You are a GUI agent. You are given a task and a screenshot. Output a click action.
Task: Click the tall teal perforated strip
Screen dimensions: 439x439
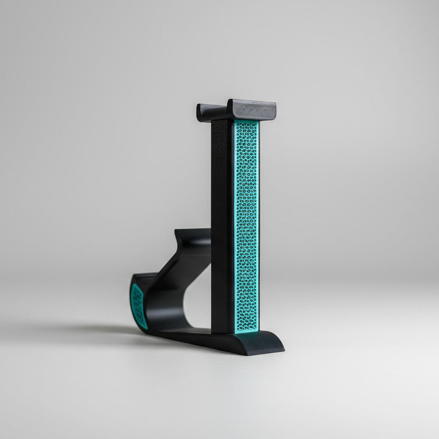246,227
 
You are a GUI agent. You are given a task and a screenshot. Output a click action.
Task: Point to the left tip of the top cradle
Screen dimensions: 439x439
200,112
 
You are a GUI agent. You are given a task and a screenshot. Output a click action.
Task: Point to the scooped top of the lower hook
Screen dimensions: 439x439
193,236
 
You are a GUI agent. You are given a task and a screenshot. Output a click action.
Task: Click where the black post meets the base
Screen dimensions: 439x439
222,332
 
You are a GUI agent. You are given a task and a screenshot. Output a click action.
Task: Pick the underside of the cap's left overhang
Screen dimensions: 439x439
206,117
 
